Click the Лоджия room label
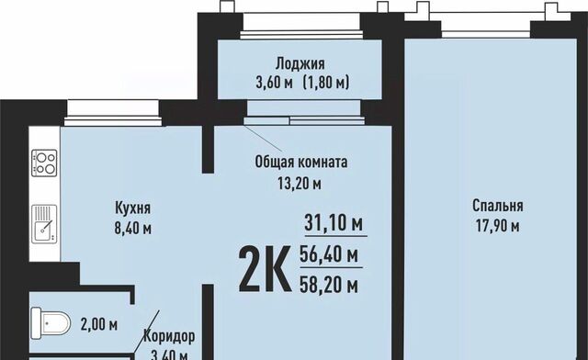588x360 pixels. pyautogui.click(x=300, y=64)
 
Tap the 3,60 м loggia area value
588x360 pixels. pyautogui.click(x=274, y=82)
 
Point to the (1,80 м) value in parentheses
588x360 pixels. pyautogui.click(x=326, y=82)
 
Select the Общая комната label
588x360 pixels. pyautogui.click(x=301, y=163)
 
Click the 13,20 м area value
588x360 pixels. pyautogui.click(x=300, y=184)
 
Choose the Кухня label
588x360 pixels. pyautogui.click(x=132, y=208)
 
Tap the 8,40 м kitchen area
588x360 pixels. pyautogui.click(x=132, y=229)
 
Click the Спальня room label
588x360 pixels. pyautogui.click(x=498, y=206)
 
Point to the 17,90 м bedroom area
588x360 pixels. pyautogui.click(x=498, y=226)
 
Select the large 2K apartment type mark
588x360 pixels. pyautogui.click(x=265, y=268)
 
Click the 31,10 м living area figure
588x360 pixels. pyautogui.click(x=334, y=223)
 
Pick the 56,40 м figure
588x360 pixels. pyautogui.click(x=329, y=255)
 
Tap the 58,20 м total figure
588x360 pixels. pyautogui.click(x=329, y=286)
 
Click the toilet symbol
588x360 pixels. pyautogui.click(x=51, y=323)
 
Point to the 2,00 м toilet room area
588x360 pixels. pyautogui.click(x=99, y=324)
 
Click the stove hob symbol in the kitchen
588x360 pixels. pyautogui.click(x=44, y=163)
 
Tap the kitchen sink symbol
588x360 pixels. pyautogui.click(x=44, y=224)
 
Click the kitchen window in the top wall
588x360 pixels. pyautogui.click(x=113, y=112)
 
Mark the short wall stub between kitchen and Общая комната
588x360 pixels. pyautogui.click(x=208, y=150)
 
